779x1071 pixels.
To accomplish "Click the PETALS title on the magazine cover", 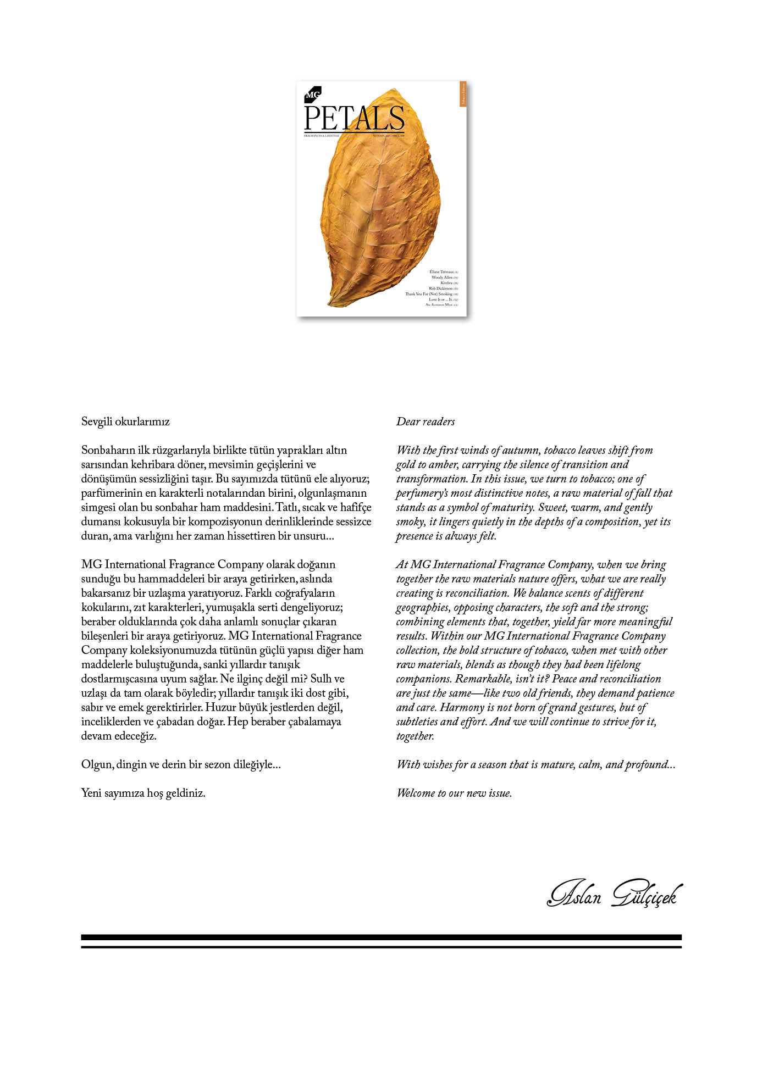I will [x=354, y=119].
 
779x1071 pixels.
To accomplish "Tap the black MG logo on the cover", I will [x=312, y=95].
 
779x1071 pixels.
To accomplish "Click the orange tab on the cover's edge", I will [x=463, y=94].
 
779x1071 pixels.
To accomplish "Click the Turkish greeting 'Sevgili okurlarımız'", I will [x=125, y=422].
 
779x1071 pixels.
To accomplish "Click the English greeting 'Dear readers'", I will [x=426, y=422].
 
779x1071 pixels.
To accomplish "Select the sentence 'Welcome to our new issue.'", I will [x=454, y=793].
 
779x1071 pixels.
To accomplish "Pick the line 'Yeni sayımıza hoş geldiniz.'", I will [x=143, y=793].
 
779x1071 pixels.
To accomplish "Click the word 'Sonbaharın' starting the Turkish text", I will [x=107, y=451].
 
